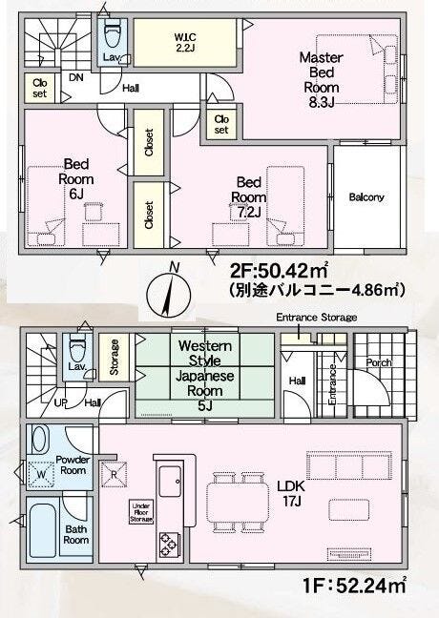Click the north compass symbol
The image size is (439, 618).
168,294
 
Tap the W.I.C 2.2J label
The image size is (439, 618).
185,43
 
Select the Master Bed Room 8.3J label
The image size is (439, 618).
321,80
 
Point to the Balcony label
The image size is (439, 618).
366,197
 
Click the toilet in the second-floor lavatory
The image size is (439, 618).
112,34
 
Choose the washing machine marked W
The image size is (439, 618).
41,474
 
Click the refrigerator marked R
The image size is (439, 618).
114,474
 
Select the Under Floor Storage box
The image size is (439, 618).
141,512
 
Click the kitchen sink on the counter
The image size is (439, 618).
170,481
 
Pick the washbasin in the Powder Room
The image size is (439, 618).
40,439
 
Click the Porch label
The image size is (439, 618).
379,362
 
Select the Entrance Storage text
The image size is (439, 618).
316,318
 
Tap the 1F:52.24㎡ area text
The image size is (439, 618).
355,585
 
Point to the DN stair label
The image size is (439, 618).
76,77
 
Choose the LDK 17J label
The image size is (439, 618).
291,493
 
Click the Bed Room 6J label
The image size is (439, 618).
76,178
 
